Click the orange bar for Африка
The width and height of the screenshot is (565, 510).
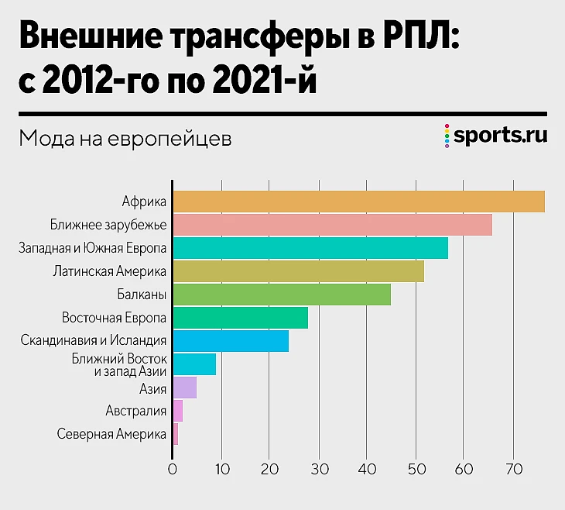(x=358, y=202)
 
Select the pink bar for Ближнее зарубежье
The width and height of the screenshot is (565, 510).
(x=332, y=225)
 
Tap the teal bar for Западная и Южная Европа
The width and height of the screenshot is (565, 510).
(x=310, y=248)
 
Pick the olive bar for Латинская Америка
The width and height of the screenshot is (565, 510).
(x=298, y=271)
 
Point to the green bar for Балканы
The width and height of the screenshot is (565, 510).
(x=281, y=295)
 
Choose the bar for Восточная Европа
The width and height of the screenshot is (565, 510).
(x=240, y=318)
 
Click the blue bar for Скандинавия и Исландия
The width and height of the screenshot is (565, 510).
(x=231, y=341)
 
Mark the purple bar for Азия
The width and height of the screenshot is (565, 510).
(x=184, y=388)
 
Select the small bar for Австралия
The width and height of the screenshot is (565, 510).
(x=177, y=411)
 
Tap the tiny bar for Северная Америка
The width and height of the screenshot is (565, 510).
(x=175, y=434)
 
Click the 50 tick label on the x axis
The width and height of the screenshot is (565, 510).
(x=415, y=468)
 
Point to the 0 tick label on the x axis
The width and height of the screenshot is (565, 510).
(x=173, y=468)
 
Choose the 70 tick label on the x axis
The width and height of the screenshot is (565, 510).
(x=512, y=468)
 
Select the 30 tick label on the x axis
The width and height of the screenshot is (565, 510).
(x=318, y=468)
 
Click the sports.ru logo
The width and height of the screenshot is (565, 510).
(x=497, y=136)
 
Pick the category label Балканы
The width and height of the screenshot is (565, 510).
(x=142, y=295)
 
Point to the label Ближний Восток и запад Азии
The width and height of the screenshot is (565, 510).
(x=119, y=364)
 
